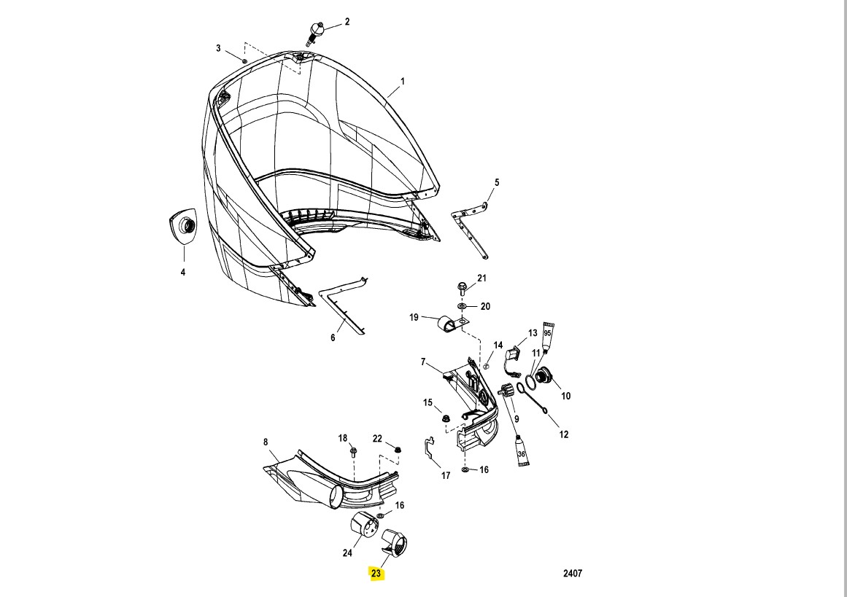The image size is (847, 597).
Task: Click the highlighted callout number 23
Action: pyautogui.click(x=376, y=574)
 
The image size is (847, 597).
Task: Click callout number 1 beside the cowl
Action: pyautogui.click(x=402, y=82)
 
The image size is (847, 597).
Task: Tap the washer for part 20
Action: pyautogui.click(x=463, y=306)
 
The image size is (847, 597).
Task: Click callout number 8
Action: pyautogui.click(x=266, y=442)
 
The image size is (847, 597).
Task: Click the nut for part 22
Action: pyautogui.click(x=397, y=450)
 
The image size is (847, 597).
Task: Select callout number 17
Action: pyautogui.click(x=446, y=476)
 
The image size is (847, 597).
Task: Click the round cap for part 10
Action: pyautogui.click(x=544, y=377)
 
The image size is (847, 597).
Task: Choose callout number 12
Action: pyautogui.click(x=563, y=434)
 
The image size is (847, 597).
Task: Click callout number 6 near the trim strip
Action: pyautogui.click(x=333, y=337)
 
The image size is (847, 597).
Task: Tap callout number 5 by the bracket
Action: pyautogui.click(x=496, y=182)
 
